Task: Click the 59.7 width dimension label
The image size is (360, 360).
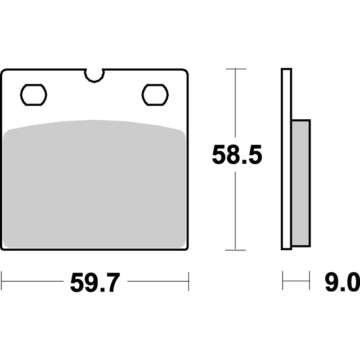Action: tap(95, 282)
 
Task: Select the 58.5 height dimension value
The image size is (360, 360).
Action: tap(237, 155)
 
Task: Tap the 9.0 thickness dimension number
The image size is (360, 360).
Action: tap(342, 282)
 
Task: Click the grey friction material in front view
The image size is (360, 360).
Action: tap(94, 184)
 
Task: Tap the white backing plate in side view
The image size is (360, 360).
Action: tap(286, 159)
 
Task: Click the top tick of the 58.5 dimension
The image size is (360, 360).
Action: tap(235, 69)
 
